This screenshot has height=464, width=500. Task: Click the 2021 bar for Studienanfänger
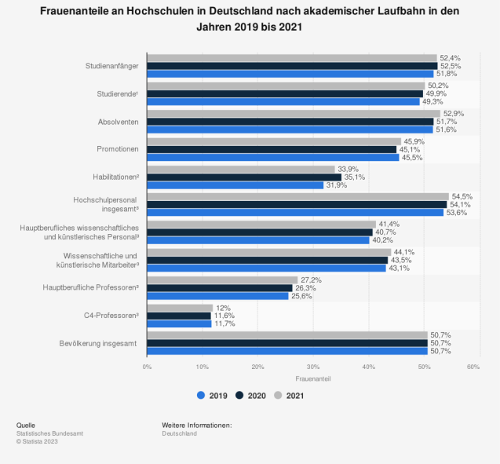click(291, 58)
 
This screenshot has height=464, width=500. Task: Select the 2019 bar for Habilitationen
click(235, 185)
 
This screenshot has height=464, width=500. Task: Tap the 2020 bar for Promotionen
click(272, 149)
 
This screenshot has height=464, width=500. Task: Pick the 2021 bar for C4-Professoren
click(180, 307)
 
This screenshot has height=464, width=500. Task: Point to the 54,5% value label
click(462, 196)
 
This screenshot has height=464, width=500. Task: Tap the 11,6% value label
click(224, 315)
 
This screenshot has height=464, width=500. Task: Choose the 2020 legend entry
click(251, 396)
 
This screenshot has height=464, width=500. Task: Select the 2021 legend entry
click(290, 396)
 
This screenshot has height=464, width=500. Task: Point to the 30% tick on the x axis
click(312, 367)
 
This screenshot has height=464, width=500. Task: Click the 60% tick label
click(473, 367)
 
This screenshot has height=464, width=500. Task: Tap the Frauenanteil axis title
click(312, 378)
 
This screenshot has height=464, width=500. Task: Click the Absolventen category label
click(118, 122)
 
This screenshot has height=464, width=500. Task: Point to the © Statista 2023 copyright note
click(37, 441)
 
